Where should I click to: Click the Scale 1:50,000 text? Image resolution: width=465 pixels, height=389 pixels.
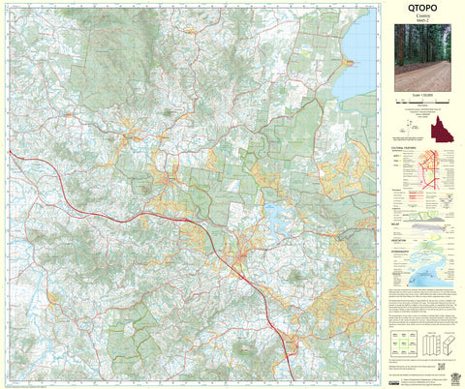[421, 97]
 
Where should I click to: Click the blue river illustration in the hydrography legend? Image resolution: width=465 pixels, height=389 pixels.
[432, 271]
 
